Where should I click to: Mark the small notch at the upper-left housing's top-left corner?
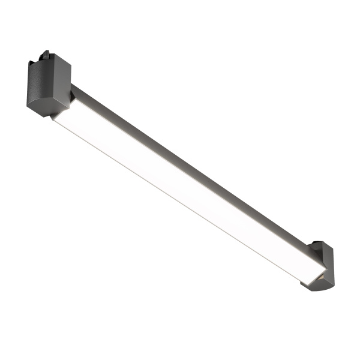pyautogui.click(x=30, y=63)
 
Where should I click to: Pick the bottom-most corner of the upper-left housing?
pyautogui.click(x=50, y=116)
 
